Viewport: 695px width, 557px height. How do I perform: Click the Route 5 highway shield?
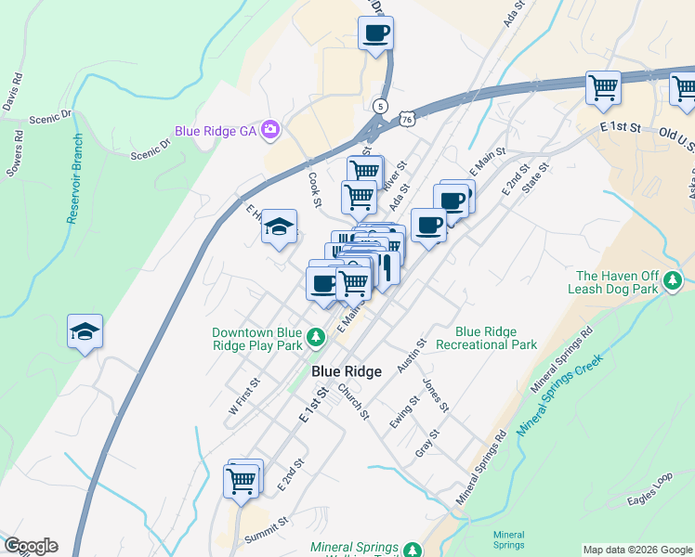coord(380,106)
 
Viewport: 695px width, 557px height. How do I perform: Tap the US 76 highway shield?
coord(406,118)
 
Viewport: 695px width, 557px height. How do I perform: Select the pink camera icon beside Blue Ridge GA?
coord(270,131)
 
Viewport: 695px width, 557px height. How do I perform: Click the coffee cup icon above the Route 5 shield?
coord(375,34)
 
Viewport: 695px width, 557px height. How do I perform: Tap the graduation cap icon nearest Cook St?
coord(278,227)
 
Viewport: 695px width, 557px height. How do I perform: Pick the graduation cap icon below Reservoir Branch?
coord(85,331)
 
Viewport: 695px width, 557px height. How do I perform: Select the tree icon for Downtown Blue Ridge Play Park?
coord(316,337)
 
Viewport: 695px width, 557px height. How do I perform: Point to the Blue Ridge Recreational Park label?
coord(496,338)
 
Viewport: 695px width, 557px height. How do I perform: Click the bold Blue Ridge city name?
coord(347,371)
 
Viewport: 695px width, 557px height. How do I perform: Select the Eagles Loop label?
coord(649,490)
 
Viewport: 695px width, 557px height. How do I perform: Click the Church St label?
coord(353,400)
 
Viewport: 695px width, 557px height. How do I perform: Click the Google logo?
coord(31,546)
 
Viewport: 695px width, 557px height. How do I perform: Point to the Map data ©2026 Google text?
coord(636,550)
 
